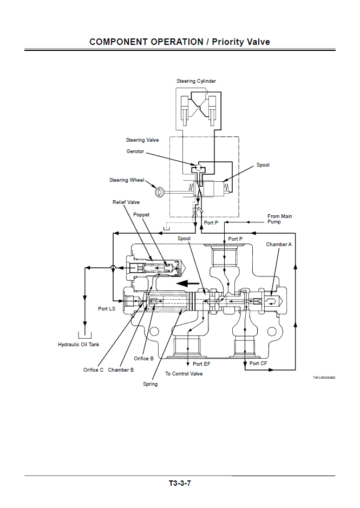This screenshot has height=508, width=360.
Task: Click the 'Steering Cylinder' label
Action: (x=196, y=81)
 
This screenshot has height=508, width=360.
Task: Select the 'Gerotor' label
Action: (x=135, y=151)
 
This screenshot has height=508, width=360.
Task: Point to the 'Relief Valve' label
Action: (x=126, y=202)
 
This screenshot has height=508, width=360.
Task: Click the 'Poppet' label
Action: (x=141, y=215)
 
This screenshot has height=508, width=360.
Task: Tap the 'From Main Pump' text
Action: (x=279, y=219)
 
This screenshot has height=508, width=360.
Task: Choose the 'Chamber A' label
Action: (x=279, y=245)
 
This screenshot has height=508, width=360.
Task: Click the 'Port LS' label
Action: (x=107, y=309)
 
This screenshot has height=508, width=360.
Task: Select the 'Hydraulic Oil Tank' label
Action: (x=78, y=345)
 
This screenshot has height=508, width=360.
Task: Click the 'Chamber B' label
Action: (x=121, y=370)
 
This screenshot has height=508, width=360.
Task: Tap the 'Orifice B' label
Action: (x=144, y=359)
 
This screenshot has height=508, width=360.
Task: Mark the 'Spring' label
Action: (x=150, y=384)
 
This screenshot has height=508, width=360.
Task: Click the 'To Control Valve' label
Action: (x=184, y=374)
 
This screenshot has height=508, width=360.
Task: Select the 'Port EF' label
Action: (x=201, y=364)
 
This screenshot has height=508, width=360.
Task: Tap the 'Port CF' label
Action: (x=258, y=364)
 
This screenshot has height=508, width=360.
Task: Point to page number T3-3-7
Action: (x=180, y=483)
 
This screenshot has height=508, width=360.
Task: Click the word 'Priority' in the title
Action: (x=230, y=42)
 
